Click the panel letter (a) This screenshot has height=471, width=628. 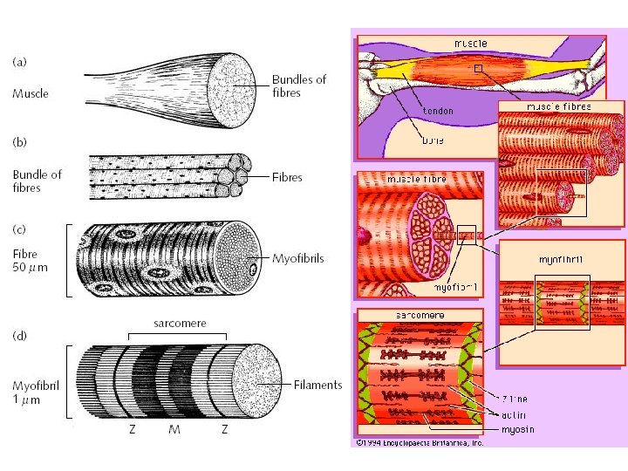[x=19, y=62]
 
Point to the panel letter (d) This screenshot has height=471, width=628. [x=19, y=334]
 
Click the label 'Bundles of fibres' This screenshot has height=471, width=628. [x=298, y=85]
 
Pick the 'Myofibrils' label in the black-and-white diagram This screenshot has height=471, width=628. [x=297, y=258]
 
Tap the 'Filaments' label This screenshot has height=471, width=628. [x=318, y=385]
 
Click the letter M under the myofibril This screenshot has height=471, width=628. [x=175, y=430]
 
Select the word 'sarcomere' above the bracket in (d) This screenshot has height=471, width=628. [x=180, y=323]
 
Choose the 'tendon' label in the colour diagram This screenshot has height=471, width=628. [x=438, y=111]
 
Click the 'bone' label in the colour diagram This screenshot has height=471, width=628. [x=433, y=140]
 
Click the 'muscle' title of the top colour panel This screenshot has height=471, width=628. [x=471, y=43]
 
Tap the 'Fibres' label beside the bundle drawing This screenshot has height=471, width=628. [x=287, y=177]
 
